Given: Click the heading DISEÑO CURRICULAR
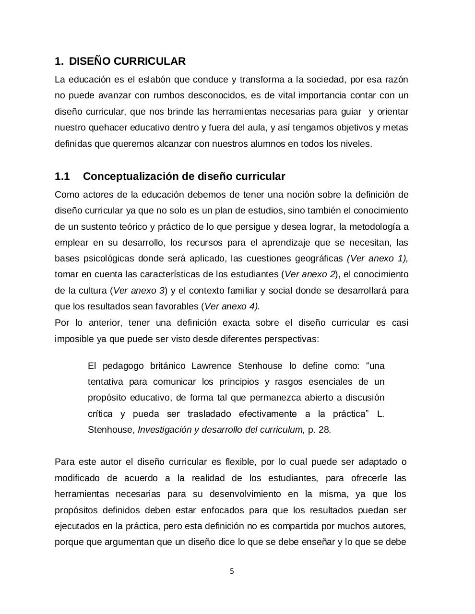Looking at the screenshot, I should click(127, 61).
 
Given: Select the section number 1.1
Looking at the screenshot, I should click(62, 177).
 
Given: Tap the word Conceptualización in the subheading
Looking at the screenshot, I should click(131, 177).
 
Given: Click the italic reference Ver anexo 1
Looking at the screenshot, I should click(377, 259).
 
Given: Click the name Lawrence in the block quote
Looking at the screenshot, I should click(212, 366).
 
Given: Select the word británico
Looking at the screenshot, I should click(165, 366).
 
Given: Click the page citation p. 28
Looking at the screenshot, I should click(319, 430).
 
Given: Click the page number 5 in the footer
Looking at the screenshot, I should click(232, 571).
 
